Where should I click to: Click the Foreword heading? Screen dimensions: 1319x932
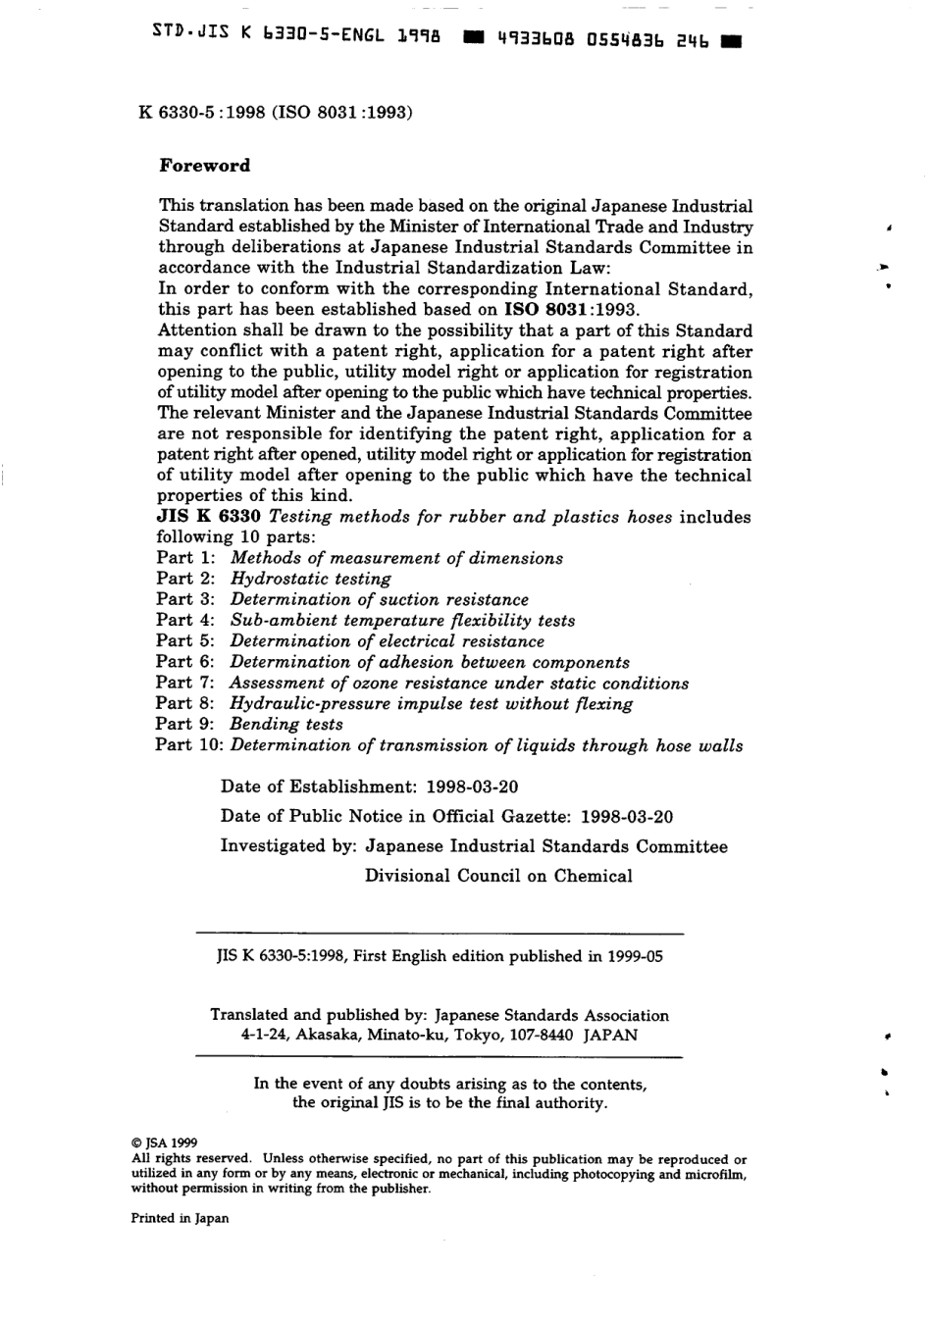click(x=205, y=166)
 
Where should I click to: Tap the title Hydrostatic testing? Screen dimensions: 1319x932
click(x=310, y=579)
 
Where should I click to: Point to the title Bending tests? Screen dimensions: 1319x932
click(x=286, y=725)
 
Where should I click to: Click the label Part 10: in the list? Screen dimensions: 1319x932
click(x=190, y=745)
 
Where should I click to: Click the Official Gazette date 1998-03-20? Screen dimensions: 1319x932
click(x=627, y=816)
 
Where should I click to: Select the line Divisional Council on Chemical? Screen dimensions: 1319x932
click(x=498, y=876)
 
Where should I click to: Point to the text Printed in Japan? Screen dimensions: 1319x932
click(x=180, y=1219)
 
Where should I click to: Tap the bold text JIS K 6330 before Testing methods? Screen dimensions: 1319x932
click(x=208, y=517)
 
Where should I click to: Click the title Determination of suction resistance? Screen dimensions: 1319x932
click(x=379, y=599)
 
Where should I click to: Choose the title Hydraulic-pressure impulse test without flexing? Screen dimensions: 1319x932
click(x=431, y=704)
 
